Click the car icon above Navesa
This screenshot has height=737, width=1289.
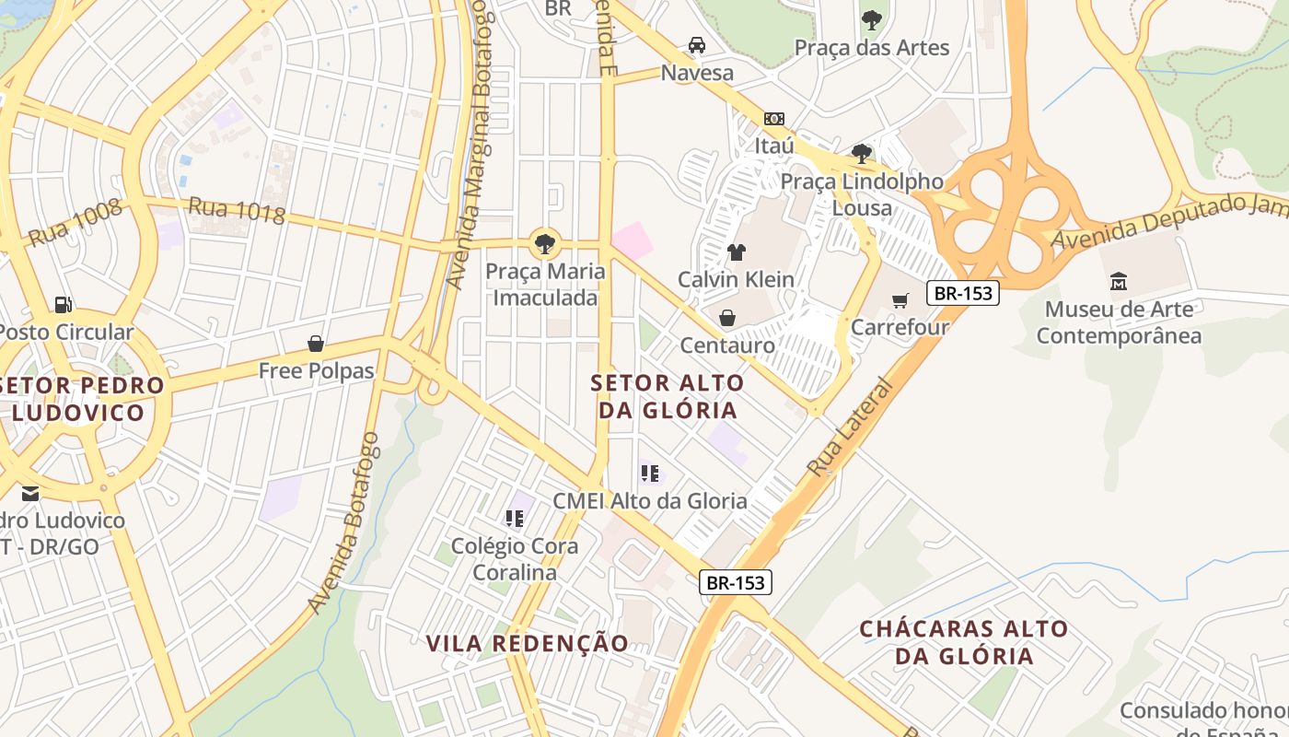coord(697,45)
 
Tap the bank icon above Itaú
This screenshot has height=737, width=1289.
coord(774,119)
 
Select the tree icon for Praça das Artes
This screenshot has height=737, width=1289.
coord(871,19)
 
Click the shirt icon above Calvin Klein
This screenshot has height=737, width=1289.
coord(736,252)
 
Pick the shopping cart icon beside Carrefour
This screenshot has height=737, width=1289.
coord(900,300)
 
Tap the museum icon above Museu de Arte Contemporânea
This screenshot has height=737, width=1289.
coord(1119,281)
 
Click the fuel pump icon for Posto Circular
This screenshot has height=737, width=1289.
coord(63,304)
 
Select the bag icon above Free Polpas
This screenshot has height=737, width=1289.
coord(316,344)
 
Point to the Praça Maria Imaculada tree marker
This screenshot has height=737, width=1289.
coord(544,244)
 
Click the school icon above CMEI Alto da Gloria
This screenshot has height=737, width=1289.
coord(650,474)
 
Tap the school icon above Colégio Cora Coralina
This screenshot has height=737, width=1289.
coord(514,519)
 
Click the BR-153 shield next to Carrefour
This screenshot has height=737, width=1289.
coord(963,293)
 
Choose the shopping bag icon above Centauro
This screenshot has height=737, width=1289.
coord(727,318)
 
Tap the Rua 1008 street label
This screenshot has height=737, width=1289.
coord(75,223)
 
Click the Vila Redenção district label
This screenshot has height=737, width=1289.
coord(528,643)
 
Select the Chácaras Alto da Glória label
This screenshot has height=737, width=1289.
coord(964,642)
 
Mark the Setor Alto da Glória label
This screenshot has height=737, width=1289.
coord(668,396)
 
